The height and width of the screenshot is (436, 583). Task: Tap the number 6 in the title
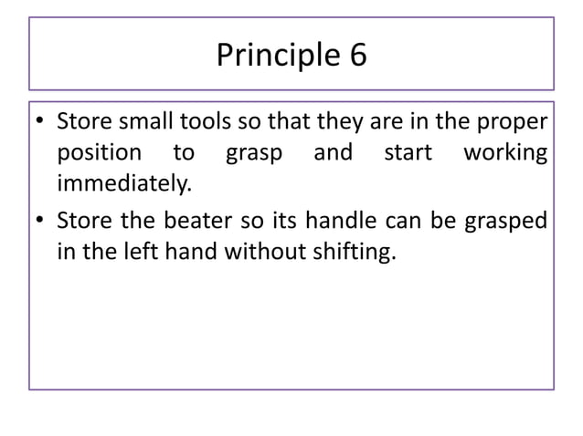(356, 56)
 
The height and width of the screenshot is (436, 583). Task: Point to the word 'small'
(135, 122)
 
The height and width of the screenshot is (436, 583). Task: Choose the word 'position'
(99, 153)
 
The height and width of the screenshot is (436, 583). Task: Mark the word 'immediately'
(124, 183)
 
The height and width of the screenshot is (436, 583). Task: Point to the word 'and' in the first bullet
(333, 153)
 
